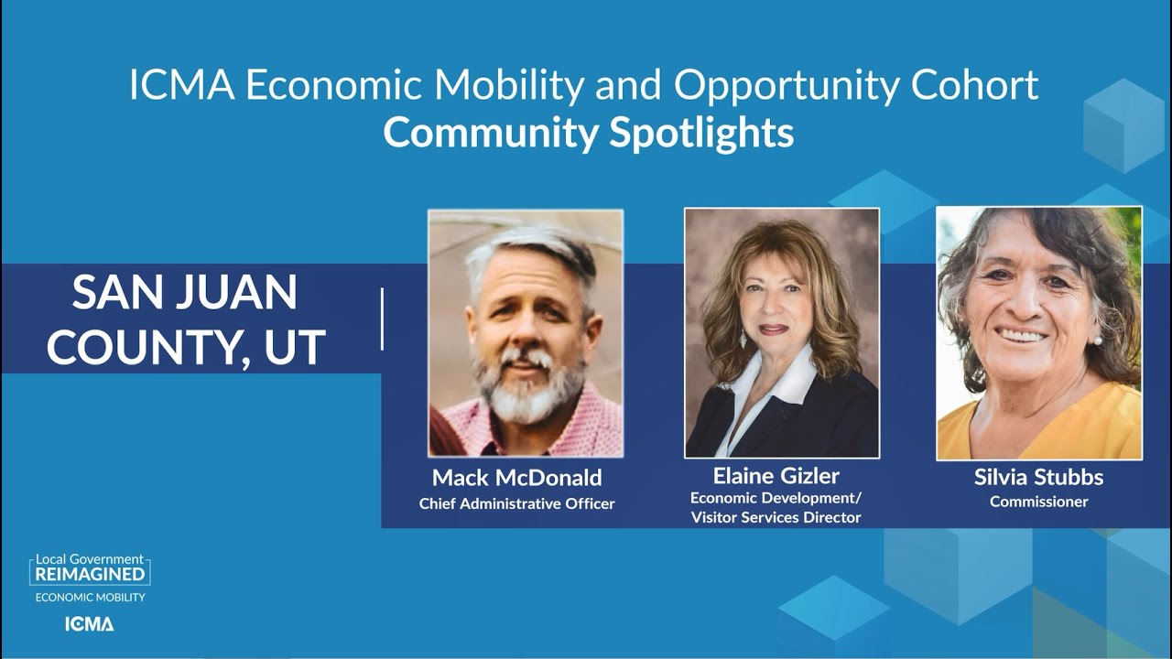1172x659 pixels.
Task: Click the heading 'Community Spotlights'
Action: click(588, 133)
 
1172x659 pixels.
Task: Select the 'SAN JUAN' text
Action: click(185, 294)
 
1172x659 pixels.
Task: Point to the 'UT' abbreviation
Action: click(295, 347)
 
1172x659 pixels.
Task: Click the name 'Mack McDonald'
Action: click(516, 478)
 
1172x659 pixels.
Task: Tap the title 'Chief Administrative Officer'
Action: click(516, 503)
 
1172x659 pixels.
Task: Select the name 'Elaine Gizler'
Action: click(776, 476)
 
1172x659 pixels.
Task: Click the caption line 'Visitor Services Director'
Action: click(776, 518)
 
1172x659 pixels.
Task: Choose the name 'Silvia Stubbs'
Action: click(1038, 478)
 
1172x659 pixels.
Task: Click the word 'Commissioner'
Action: click(1038, 502)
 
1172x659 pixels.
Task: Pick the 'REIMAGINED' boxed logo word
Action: click(90, 574)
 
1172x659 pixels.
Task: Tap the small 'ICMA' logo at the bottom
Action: click(90, 624)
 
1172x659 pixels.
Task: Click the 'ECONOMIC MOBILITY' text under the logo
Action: click(90, 598)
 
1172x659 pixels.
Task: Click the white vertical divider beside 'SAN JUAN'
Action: click(382, 319)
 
